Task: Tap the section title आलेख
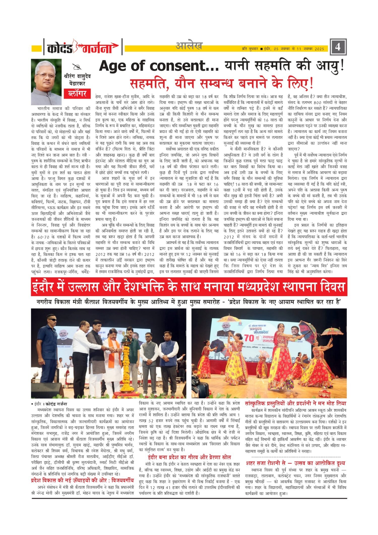coord(189,46)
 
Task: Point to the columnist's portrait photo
coord(46,82)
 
